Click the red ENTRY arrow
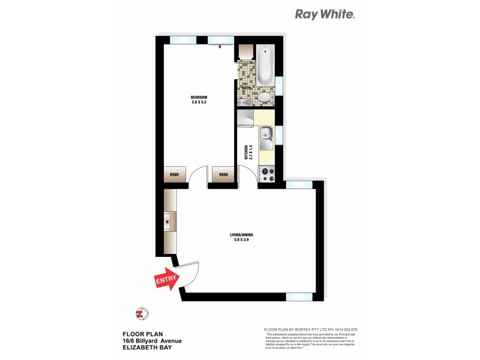(x=167, y=281)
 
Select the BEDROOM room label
(x=199, y=98)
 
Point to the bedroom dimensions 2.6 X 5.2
(x=199, y=103)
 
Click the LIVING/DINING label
(x=239, y=234)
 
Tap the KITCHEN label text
(x=245, y=152)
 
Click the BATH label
(x=246, y=88)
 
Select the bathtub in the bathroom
(x=265, y=66)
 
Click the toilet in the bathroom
(x=264, y=98)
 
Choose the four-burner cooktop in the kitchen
(x=266, y=173)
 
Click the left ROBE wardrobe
(x=173, y=175)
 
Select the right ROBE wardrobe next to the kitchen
(x=223, y=175)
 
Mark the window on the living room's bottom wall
(x=298, y=296)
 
